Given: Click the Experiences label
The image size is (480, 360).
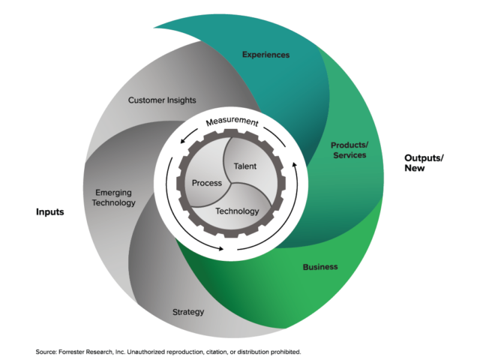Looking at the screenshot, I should coord(265,55).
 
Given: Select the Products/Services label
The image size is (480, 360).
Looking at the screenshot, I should coord(348,150).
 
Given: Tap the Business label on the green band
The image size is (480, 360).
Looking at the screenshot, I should coord(320,267).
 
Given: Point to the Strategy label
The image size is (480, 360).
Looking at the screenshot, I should coord(188,312).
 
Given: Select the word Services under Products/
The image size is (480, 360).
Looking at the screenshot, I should coord(349,155).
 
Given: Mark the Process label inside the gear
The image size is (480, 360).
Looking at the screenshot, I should coord(206,183).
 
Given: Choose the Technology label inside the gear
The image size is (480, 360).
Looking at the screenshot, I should coord(237,211).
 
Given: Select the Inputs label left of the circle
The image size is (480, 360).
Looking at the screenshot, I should coord(50,213).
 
